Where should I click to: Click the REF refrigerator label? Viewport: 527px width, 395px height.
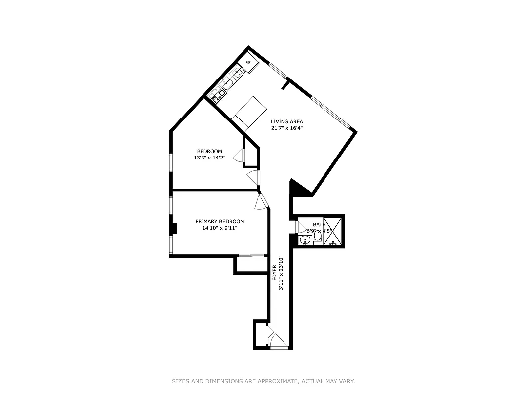tap(248, 62)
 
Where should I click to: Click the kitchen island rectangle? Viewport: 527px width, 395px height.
tap(250, 112)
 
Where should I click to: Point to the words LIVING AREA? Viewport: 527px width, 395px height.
tap(286, 121)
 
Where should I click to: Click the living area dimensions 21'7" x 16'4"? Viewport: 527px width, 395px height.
tap(286, 128)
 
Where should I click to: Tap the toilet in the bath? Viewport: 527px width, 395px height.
tap(317, 239)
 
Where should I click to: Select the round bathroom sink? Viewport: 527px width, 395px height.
tap(305, 240)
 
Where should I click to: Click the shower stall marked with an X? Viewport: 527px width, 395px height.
tap(333, 231)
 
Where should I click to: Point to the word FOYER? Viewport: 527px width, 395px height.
tap(275, 273)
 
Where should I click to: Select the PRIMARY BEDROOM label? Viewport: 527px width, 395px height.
tap(219, 221)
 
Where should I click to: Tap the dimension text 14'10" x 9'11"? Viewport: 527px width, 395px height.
tap(219, 228)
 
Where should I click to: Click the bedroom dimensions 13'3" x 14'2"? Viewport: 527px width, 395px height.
tap(209, 158)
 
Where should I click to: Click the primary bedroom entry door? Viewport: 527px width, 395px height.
tap(262, 199)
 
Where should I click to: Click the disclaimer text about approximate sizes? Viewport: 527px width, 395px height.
tap(263, 381)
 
